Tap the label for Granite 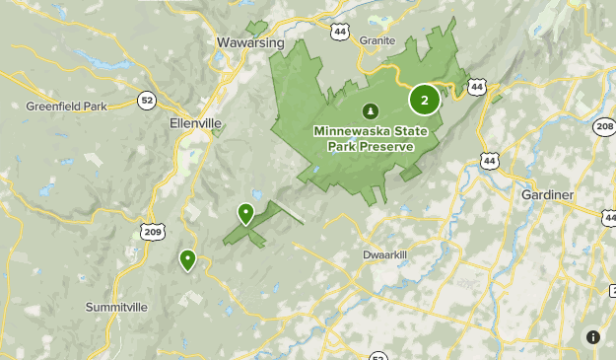pos(377,40)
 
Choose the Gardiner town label pos(547,195)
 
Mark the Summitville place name pos(116,307)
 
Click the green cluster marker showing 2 pos(425,100)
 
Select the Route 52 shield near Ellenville pos(147,100)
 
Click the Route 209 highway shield pos(152,232)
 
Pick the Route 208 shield pos(604,126)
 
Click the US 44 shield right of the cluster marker pos(477,87)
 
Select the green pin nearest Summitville pos(187,260)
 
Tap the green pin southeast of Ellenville pos(245,213)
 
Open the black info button pos(592,337)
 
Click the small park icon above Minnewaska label pos(371,110)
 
